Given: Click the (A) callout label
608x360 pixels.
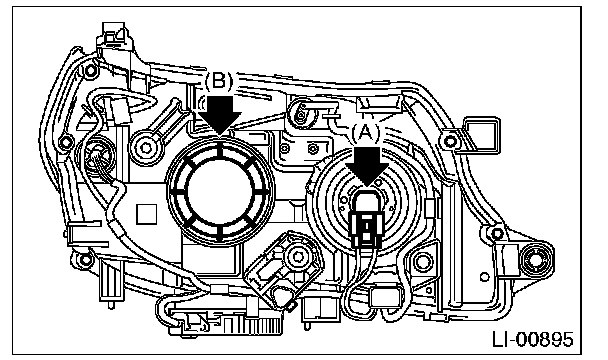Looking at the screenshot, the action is pyautogui.click(x=365, y=134).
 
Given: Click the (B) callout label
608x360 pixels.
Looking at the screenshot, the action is pyautogui.click(x=218, y=81).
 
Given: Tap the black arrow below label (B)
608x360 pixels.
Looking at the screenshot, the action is pyautogui.click(x=220, y=115).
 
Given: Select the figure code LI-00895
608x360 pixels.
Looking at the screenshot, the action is pyautogui.click(x=532, y=339).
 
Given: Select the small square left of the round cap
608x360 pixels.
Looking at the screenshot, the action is pyautogui.click(x=147, y=214).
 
